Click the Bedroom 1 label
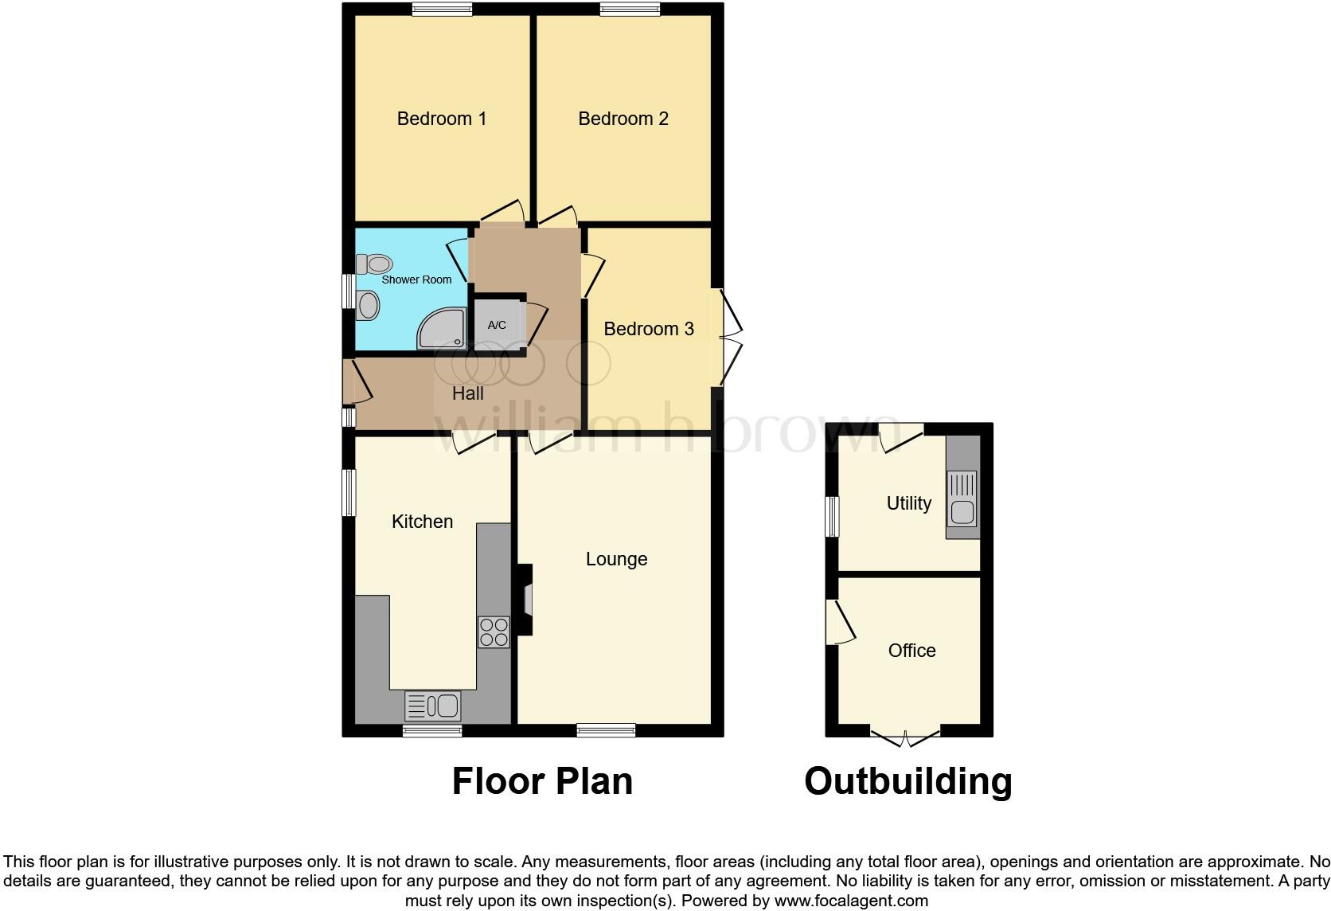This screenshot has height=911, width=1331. [x=441, y=119]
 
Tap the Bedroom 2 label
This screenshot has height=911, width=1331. [x=623, y=119]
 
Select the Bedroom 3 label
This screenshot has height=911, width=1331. [x=648, y=329]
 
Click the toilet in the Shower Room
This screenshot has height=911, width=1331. [x=374, y=263]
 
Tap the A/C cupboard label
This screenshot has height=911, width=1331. [x=497, y=325]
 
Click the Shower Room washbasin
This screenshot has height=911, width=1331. [x=368, y=305]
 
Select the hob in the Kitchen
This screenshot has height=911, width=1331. [x=494, y=631]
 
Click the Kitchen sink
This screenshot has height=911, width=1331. [x=433, y=706]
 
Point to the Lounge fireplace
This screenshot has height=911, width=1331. [x=525, y=599]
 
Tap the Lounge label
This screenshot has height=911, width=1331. [x=616, y=559]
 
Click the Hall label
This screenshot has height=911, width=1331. [x=468, y=393]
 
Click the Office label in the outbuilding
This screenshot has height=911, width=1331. [x=911, y=651]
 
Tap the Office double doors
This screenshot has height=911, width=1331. [x=905, y=737]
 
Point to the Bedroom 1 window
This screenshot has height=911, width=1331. [x=442, y=9]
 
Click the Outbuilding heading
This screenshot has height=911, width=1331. [x=907, y=781]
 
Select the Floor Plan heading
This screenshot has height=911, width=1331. [x=542, y=781]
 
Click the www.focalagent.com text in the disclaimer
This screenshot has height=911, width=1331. [x=851, y=901]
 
